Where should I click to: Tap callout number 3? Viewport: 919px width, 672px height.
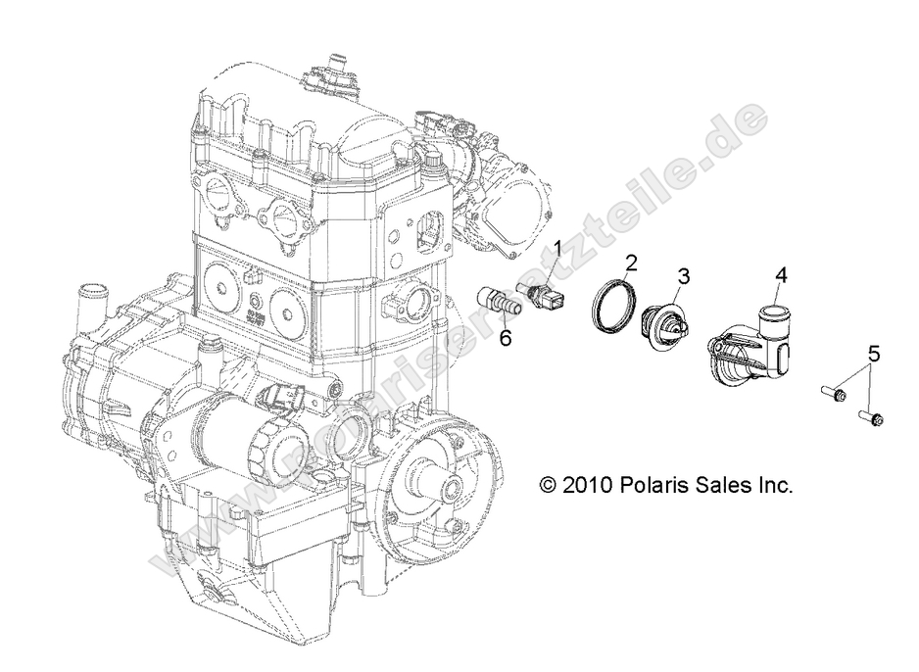point(683,277)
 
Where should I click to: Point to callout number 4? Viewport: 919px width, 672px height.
point(780,276)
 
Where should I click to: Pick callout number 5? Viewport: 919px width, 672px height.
point(874,354)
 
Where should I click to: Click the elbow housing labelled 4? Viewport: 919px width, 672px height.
point(755,342)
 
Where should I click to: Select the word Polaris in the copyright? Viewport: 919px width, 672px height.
point(652,485)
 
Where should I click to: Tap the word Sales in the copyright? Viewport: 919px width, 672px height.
point(720,485)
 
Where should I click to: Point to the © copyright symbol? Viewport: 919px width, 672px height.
point(548,485)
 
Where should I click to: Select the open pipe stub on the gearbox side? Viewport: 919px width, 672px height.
point(92,295)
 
